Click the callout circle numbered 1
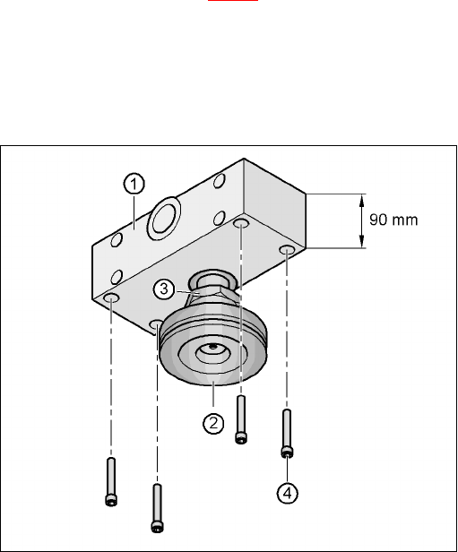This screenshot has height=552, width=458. click(x=134, y=184)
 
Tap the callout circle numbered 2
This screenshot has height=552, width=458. click(x=213, y=423)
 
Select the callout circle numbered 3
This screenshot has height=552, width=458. click(x=164, y=289)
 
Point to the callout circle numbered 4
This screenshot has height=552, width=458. click(x=288, y=493)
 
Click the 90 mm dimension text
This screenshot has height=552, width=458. click(x=393, y=220)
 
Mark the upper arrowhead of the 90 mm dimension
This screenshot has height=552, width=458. click(x=361, y=202)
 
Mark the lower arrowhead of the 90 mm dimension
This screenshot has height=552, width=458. click(x=361, y=240)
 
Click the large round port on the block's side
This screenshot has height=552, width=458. click(x=164, y=219)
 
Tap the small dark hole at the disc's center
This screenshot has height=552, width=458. click(x=212, y=347)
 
